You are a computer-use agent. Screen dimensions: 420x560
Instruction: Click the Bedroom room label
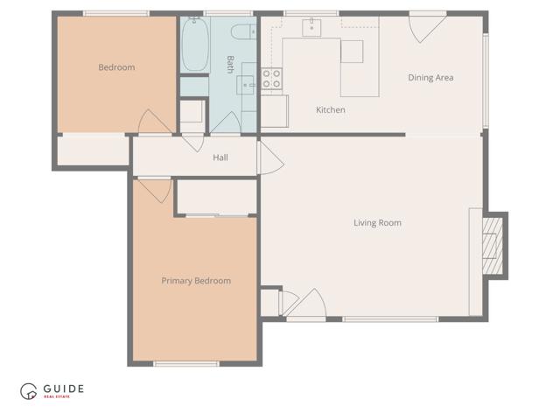(x=116, y=67)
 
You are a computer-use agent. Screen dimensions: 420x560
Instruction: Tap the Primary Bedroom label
(x=196, y=281)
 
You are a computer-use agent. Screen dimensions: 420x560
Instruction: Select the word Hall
(x=220, y=157)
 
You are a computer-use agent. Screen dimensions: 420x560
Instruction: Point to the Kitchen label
(x=330, y=110)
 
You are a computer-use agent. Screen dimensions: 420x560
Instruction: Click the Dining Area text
(x=430, y=78)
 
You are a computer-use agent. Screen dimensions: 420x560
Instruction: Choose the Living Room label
(x=377, y=223)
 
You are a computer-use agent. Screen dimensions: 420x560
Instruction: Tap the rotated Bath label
(x=230, y=64)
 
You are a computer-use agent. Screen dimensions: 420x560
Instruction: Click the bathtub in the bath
(x=195, y=44)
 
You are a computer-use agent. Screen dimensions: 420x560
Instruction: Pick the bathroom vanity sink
(x=248, y=86)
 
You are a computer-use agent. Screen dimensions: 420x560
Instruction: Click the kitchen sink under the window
(x=312, y=28)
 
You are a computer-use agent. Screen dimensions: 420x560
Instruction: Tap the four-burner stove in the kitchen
(x=271, y=79)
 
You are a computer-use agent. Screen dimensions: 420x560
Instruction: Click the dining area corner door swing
(x=426, y=26)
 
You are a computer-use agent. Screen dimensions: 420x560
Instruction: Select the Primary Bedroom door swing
(x=155, y=190)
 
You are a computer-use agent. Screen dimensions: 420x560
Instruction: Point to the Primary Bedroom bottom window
(x=186, y=363)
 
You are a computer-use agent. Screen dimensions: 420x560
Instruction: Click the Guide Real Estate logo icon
(x=30, y=391)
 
